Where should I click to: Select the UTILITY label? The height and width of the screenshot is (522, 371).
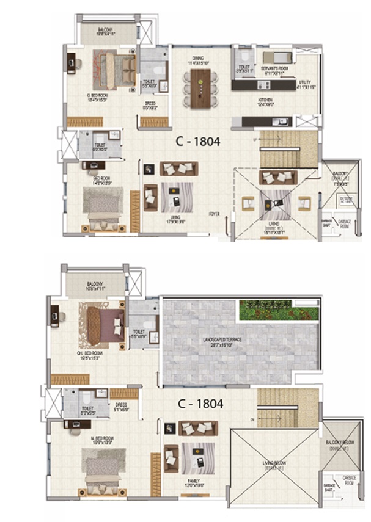click(x=305, y=82)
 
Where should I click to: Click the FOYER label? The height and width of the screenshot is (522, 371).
click(x=214, y=214)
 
